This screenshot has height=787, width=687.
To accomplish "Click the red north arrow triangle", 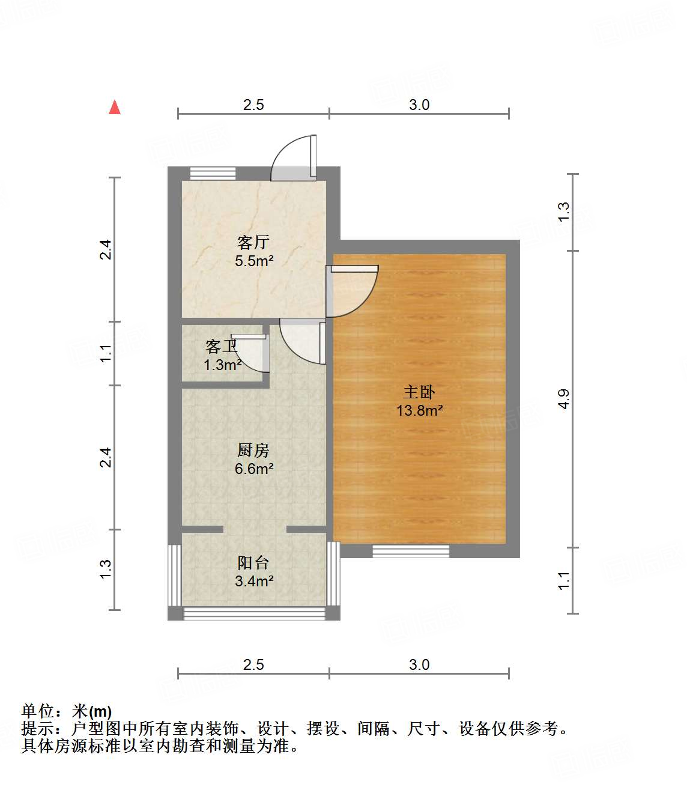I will (115, 107).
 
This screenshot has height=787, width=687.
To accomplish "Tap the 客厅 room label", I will (253, 242).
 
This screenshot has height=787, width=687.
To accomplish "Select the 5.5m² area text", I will (254, 261).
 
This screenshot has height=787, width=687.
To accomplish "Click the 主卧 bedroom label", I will (419, 392).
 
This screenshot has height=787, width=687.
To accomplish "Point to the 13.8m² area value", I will (419, 410).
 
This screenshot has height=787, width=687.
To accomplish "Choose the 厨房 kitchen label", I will (253, 450).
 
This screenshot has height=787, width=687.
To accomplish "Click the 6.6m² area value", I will (254, 469).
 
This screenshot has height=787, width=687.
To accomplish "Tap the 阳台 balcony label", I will (253, 562).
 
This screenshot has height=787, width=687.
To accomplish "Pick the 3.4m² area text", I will (254, 581).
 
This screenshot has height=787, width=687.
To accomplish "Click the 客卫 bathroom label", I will (221, 346).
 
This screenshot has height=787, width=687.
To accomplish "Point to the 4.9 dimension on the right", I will (563, 399).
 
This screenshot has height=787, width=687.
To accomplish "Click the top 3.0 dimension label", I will (419, 105).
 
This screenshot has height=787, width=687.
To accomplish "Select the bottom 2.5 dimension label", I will (253, 664).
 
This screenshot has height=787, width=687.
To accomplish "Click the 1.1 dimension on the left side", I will (106, 353).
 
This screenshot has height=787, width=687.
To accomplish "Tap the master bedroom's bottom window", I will (411, 551).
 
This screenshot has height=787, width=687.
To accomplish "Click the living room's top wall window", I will (213, 173).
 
